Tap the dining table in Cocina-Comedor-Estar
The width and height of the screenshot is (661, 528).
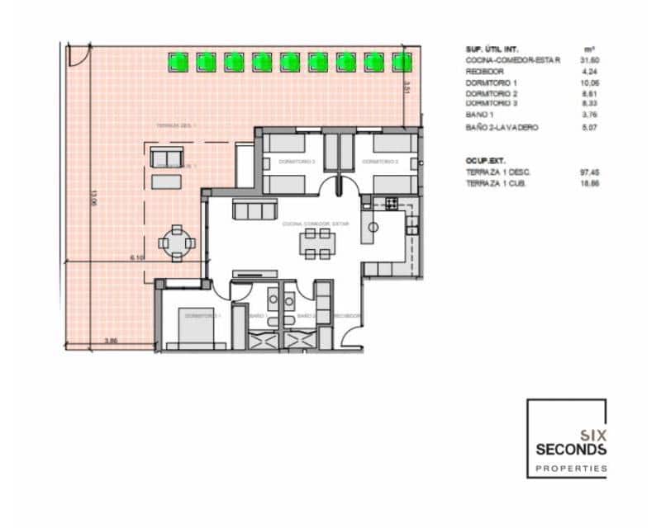pos(317,242)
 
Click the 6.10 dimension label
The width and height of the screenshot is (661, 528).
pos(138,258)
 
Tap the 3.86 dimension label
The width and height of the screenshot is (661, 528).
pos(110,339)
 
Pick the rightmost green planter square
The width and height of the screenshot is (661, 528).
pos(402,61)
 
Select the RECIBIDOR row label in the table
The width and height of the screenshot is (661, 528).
pos(484,72)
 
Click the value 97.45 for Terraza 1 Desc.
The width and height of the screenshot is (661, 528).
pos(589,172)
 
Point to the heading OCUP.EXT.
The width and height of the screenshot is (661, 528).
pos(485,160)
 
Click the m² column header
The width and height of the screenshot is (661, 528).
pos(589,49)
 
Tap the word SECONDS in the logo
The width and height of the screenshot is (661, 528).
pos(571,450)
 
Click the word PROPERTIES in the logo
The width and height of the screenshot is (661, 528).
pos(571,468)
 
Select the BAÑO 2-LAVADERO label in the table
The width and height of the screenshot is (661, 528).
pos(502,128)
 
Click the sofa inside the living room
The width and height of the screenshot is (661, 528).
pos(253,211)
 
